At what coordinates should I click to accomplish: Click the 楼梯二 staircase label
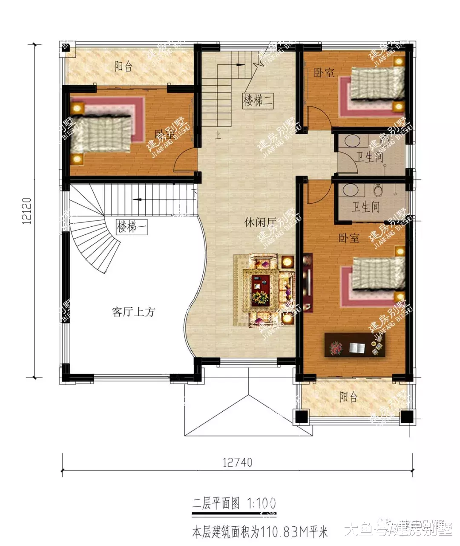(x=258, y=101)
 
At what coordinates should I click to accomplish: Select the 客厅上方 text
(x=133, y=312)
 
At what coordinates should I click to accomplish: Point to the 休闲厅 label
(x=260, y=222)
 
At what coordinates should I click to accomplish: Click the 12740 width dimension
(x=237, y=462)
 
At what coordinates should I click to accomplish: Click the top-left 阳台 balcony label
(x=124, y=66)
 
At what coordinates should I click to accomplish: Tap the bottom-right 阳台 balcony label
(x=348, y=397)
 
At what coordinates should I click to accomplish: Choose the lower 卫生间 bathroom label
(x=365, y=207)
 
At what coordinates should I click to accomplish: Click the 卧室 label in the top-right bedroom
(x=324, y=72)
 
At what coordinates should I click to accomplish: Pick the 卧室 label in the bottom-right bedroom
(x=349, y=238)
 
